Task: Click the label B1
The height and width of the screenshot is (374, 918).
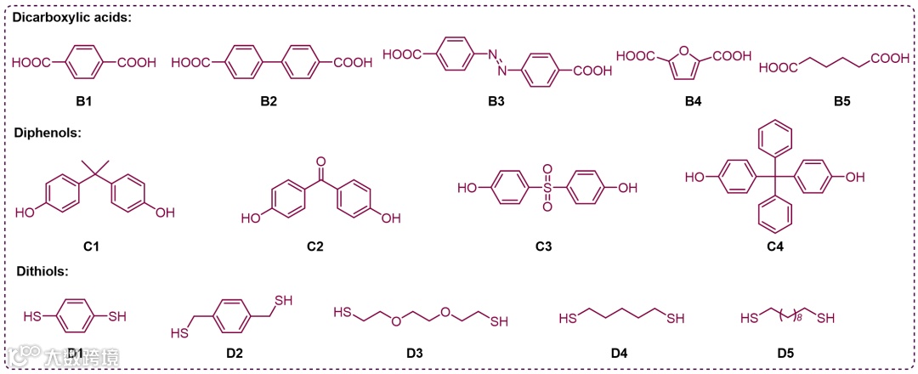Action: point(83,101)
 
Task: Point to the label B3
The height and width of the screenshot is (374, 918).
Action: point(496,101)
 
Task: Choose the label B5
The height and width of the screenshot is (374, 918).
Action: point(841,101)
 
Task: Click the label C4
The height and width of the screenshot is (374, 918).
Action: point(774,247)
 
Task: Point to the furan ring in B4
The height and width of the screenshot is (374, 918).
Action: point(685,63)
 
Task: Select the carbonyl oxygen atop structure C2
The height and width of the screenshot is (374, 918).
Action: point(320,160)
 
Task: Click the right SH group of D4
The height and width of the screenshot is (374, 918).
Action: point(676,319)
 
